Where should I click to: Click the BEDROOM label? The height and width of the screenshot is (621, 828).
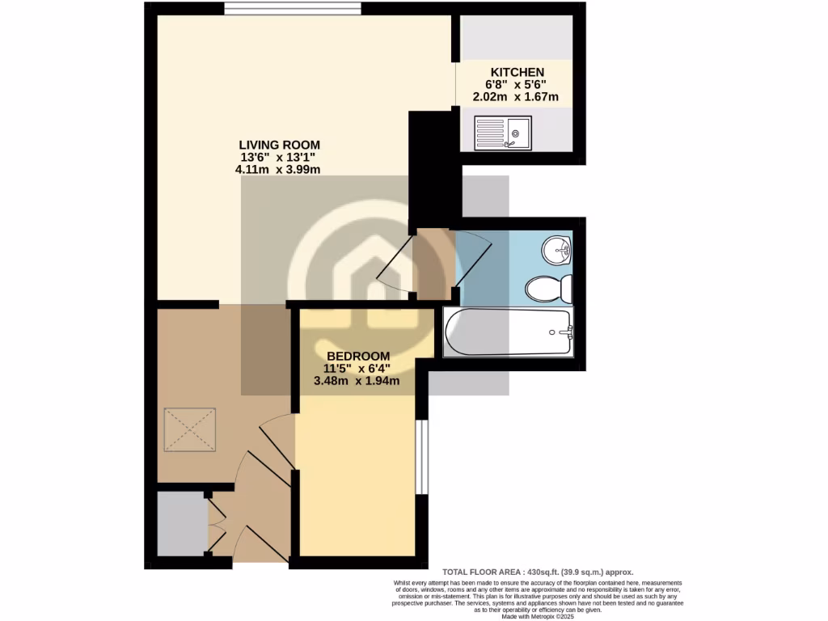[x=358, y=356]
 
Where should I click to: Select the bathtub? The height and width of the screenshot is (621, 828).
[x=508, y=332]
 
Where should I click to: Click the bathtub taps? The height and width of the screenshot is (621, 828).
[x=564, y=332]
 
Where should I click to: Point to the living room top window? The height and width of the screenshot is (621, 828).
[x=293, y=9]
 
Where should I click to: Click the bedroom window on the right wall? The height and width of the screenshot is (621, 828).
[x=421, y=456]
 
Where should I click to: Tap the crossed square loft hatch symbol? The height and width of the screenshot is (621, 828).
[x=191, y=429]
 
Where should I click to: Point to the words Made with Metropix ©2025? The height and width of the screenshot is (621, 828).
[x=538, y=616]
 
